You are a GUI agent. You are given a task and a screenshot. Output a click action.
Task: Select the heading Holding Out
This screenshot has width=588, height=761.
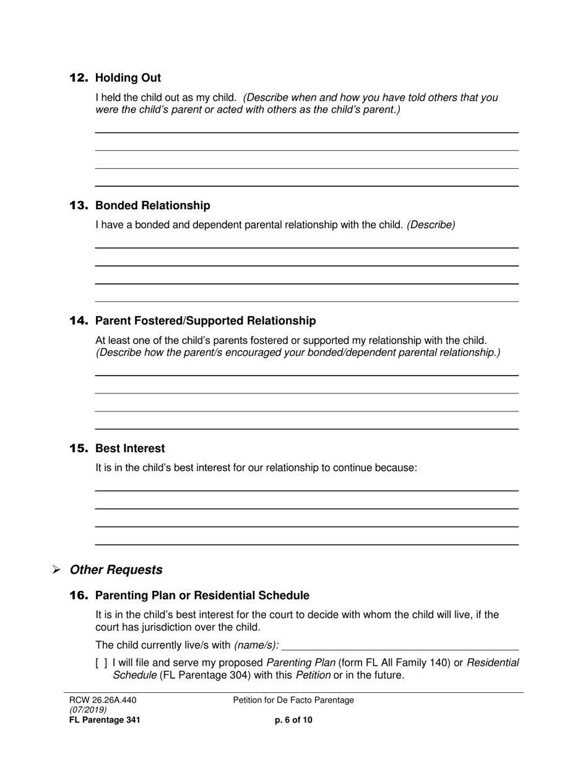[128, 78]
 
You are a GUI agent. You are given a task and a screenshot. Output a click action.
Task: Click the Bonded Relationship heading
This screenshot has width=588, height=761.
[153, 205]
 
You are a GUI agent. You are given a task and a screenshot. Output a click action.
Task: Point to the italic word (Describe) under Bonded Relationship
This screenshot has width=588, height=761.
[431, 225]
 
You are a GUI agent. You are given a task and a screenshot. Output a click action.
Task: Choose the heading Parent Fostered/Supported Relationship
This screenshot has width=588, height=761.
[205, 320]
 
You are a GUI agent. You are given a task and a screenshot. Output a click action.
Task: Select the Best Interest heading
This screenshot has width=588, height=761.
[130, 448]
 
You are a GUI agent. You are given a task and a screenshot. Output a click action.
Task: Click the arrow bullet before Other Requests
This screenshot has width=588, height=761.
[56, 570]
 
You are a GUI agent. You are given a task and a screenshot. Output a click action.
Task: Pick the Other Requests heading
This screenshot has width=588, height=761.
[116, 570]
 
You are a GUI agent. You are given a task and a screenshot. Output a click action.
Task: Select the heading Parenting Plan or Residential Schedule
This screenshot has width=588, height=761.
[202, 595]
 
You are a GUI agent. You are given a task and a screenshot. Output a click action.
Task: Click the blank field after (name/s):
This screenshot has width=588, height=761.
[400, 645]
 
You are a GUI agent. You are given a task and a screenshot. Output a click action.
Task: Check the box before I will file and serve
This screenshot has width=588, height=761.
[102, 663]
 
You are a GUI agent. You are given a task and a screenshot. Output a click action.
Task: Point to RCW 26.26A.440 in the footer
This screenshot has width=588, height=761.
[103, 700]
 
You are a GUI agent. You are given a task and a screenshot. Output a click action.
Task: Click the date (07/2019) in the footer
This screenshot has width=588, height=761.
[87, 710]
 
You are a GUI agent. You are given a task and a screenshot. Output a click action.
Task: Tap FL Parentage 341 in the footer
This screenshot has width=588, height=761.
[105, 720]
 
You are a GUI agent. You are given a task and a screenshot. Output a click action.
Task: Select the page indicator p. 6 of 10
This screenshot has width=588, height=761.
[293, 720]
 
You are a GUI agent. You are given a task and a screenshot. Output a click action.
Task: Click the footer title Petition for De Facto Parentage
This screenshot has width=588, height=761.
[293, 700]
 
